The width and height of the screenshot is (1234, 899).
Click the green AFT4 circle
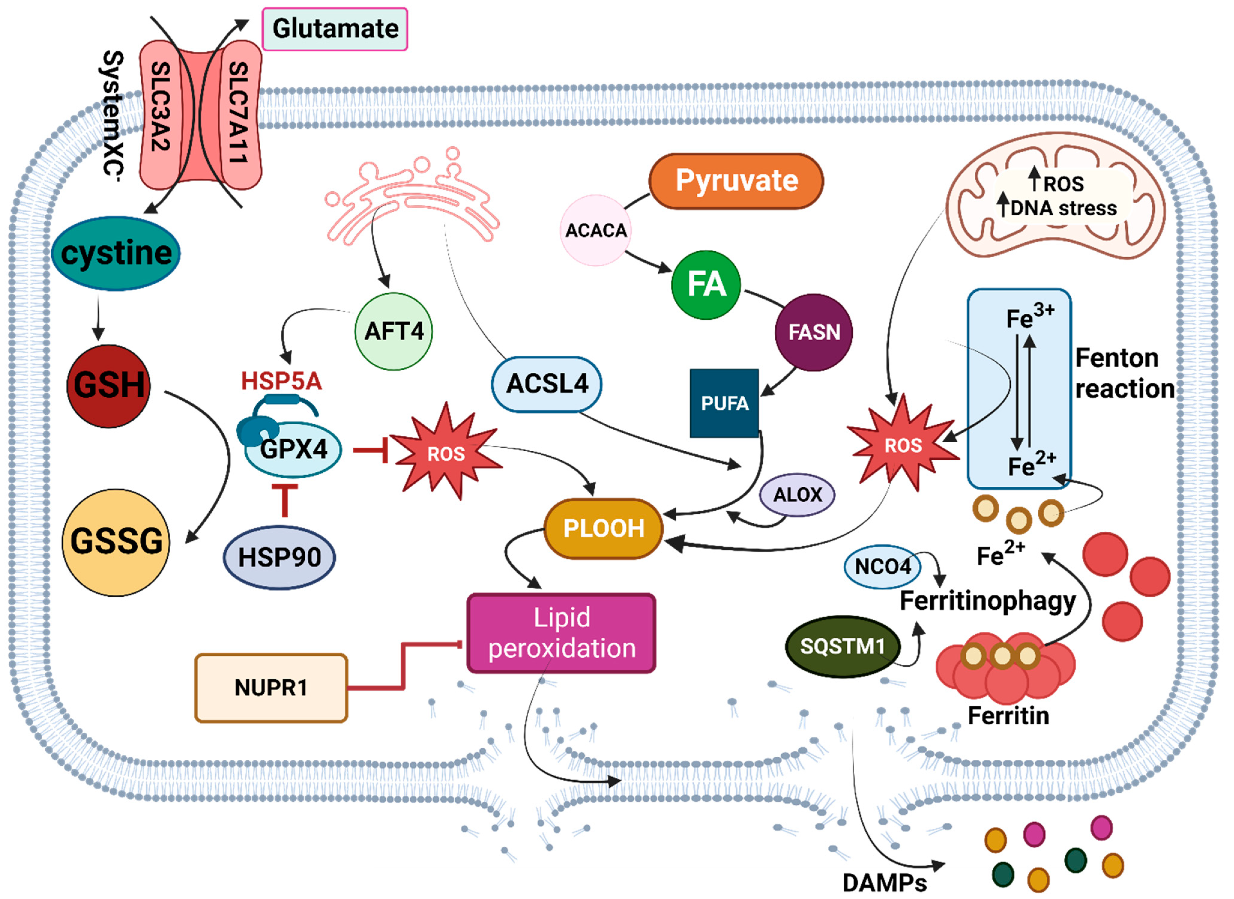click(x=394, y=331)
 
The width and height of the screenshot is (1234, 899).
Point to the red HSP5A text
click(x=281, y=381)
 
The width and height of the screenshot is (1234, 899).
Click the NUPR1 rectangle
click(x=271, y=688)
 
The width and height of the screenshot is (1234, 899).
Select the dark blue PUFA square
click(x=724, y=403)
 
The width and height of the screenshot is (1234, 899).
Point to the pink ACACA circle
click(x=596, y=231)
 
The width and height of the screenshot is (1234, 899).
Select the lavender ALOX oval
click(x=797, y=495)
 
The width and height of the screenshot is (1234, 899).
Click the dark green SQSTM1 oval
click(x=842, y=646)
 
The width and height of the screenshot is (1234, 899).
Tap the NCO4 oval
click(x=882, y=567)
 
